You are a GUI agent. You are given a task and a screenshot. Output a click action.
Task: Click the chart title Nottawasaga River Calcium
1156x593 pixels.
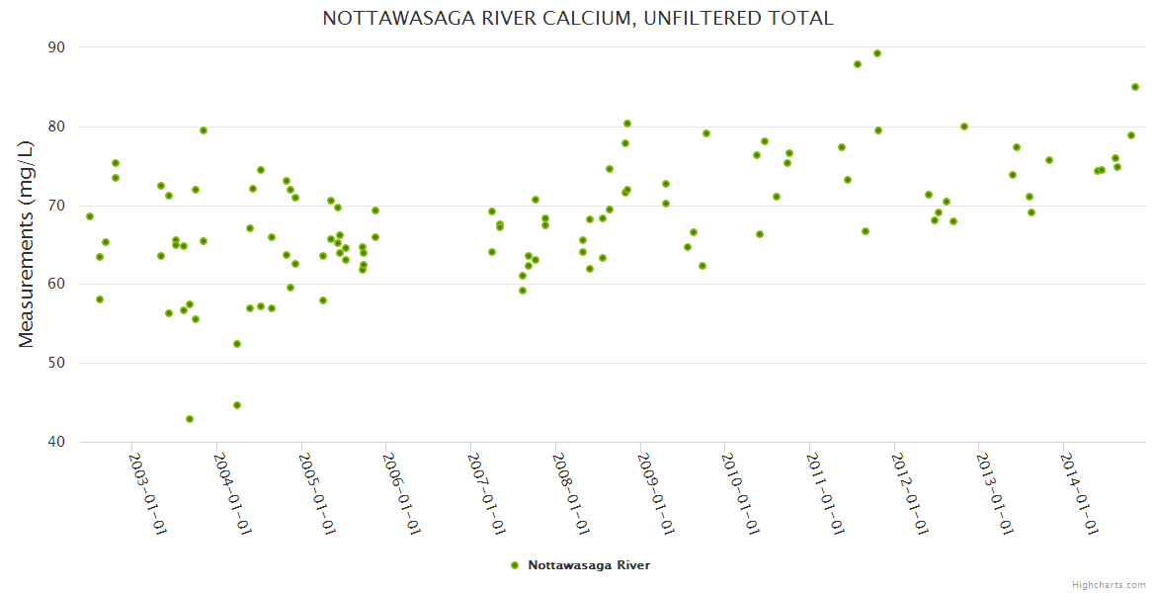point(577,18)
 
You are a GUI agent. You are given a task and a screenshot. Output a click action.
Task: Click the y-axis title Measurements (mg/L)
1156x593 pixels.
point(27,244)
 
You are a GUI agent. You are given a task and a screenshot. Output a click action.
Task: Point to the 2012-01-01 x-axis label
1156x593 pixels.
point(909,494)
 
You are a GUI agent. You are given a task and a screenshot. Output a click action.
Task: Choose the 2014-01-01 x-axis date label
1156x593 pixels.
point(1078,494)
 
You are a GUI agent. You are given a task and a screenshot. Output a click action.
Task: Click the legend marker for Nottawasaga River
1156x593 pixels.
point(515,565)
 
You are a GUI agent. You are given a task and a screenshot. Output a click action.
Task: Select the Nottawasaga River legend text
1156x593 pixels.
point(589,565)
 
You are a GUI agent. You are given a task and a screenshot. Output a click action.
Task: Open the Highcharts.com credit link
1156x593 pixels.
point(1109,584)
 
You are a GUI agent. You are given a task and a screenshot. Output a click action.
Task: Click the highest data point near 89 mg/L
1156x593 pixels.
point(877,53)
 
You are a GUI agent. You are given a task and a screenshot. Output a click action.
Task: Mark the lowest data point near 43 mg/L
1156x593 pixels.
point(190,419)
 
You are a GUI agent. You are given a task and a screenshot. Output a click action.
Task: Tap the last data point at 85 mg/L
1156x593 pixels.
point(1135,87)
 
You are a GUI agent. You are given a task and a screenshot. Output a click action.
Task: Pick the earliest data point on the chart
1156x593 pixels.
point(90,216)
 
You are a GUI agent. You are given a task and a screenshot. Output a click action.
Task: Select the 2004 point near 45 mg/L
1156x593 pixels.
point(237,405)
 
